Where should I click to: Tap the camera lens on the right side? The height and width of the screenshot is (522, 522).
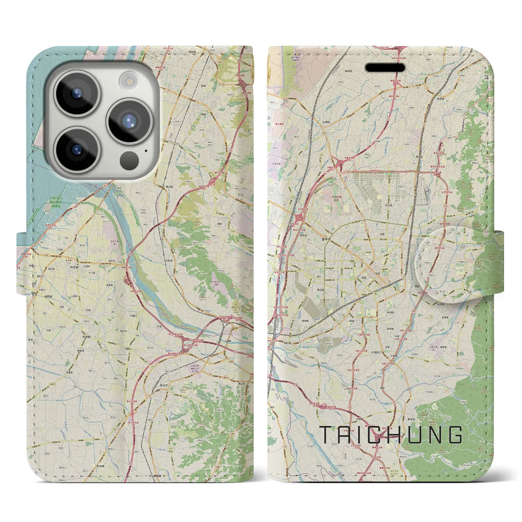point(129,121)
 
